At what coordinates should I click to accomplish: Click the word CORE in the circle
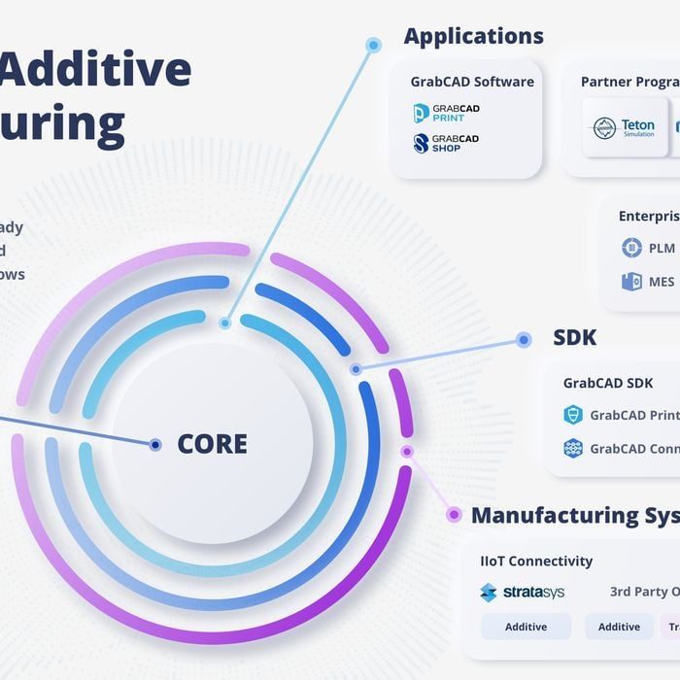click(x=212, y=444)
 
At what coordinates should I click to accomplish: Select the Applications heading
click(x=473, y=37)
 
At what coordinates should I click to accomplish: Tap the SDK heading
click(x=574, y=338)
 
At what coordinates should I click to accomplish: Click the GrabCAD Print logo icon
click(x=422, y=114)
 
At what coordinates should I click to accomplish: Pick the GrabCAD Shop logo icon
click(x=422, y=144)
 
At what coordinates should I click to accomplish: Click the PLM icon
click(x=631, y=248)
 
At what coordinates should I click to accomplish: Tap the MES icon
click(x=631, y=282)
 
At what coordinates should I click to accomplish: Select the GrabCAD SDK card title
click(x=608, y=383)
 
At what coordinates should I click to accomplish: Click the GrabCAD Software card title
click(x=472, y=82)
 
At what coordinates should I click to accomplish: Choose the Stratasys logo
click(x=523, y=592)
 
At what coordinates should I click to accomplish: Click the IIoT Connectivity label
click(x=536, y=561)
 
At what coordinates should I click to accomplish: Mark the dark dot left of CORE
click(x=154, y=445)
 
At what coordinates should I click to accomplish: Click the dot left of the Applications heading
click(x=373, y=45)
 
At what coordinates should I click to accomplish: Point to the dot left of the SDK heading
click(x=524, y=340)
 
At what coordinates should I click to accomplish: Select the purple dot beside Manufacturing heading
click(x=453, y=515)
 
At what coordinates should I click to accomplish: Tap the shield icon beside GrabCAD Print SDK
click(x=573, y=415)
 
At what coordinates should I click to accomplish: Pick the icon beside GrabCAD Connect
click(x=573, y=448)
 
